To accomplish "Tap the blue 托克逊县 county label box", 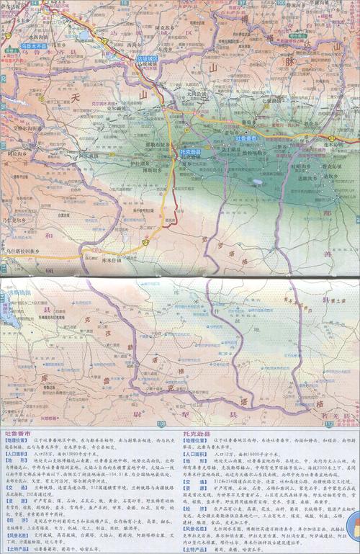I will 192,153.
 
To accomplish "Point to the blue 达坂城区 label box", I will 148,59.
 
